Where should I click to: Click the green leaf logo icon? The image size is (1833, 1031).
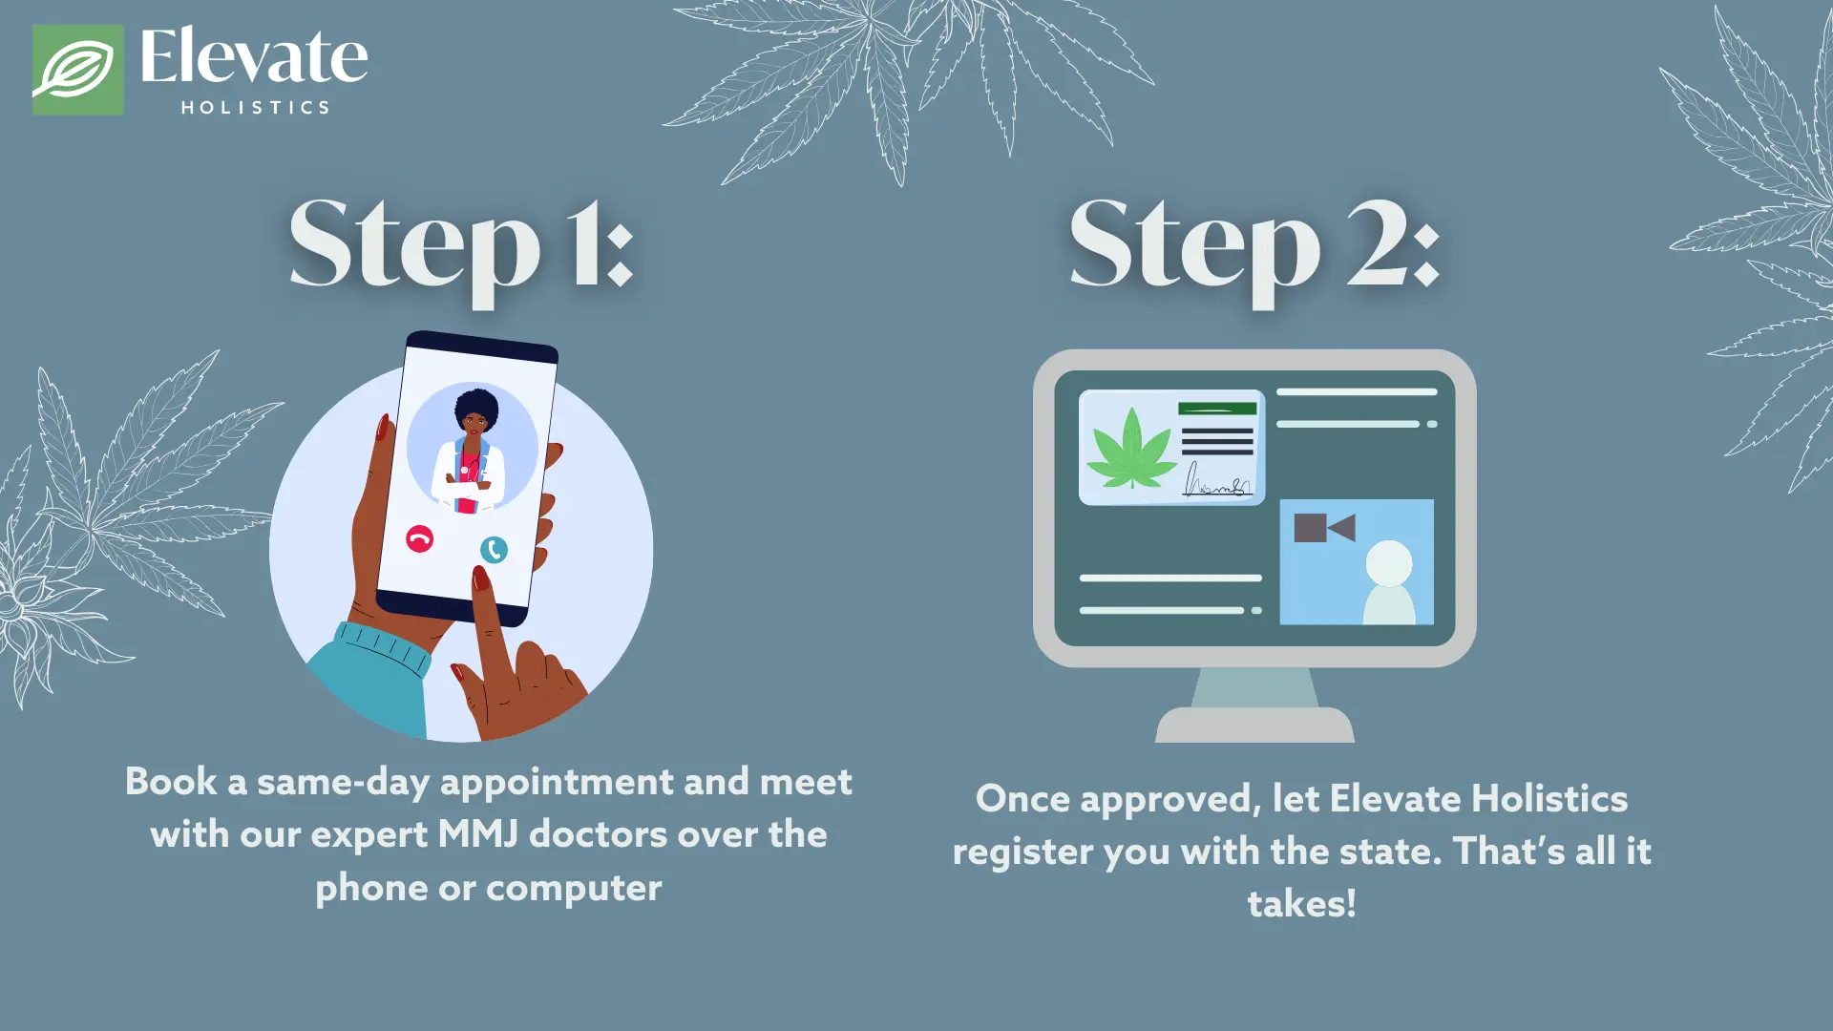[x=77, y=70]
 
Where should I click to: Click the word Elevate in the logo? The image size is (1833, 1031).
[x=253, y=57]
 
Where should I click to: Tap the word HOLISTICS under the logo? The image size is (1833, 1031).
[x=255, y=108]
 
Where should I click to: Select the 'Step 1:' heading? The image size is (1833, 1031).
[x=461, y=245]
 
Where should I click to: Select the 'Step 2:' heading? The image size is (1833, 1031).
[x=1254, y=245]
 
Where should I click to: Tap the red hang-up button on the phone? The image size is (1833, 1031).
[x=419, y=538]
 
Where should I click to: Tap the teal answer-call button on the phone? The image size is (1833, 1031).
[x=494, y=550]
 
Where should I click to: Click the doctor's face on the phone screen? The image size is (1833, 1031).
[x=474, y=420]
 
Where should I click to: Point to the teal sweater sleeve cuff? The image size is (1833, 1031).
[x=382, y=649]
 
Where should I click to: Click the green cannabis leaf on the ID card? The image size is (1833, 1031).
[x=1131, y=449]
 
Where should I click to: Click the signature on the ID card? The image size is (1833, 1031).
[x=1215, y=482]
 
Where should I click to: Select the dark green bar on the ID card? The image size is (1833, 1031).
[x=1216, y=409]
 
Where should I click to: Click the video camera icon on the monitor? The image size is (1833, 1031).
[x=1323, y=528]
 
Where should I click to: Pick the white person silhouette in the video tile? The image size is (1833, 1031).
[x=1389, y=582]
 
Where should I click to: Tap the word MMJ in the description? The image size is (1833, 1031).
[x=477, y=834]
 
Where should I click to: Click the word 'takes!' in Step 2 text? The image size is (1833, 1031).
[x=1301, y=903]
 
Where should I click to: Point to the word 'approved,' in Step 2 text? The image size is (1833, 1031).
[x=1169, y=799]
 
